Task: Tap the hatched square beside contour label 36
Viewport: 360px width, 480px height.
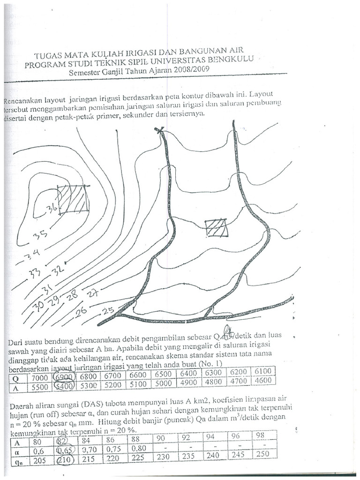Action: point(73,199)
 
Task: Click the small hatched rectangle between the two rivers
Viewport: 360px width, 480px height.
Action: point(217,228)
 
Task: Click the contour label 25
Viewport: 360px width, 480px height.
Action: point(108,310)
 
